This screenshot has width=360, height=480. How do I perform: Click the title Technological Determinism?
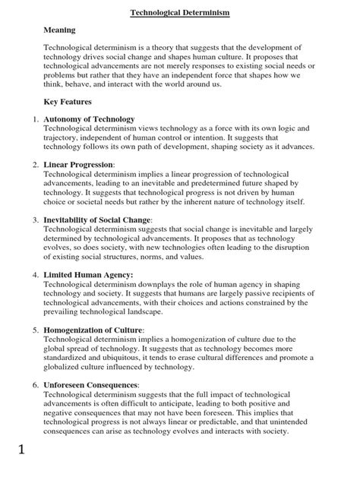point(180,13)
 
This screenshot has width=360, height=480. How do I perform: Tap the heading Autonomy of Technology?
point(90,119)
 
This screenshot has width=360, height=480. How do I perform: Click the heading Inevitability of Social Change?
point(98,219)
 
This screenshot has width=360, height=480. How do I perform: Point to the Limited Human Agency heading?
point(88,274)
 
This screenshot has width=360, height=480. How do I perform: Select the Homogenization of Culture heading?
point(93,330)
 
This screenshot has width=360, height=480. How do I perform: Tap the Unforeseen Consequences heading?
point(90,385)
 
